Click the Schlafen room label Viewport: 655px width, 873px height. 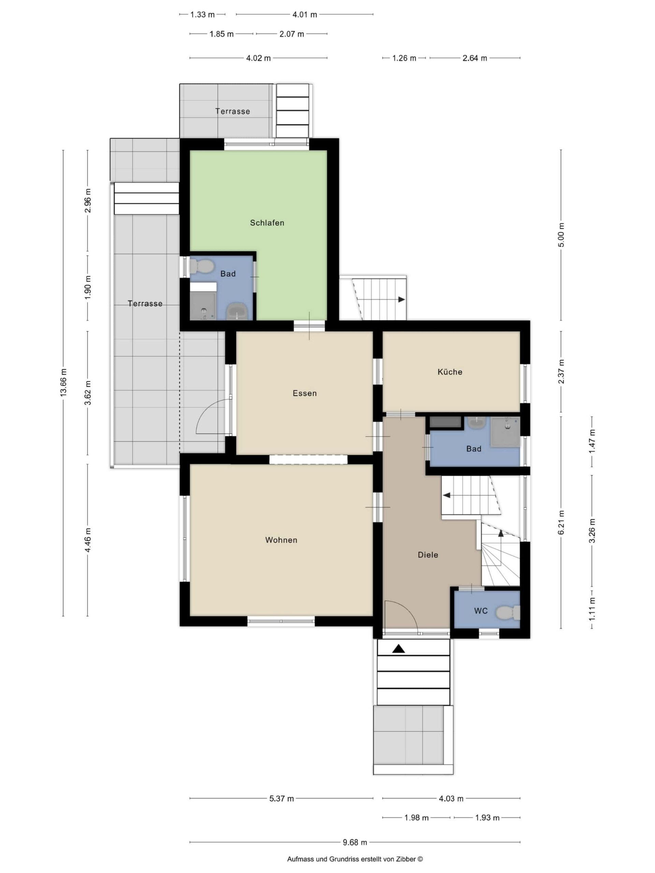[x=267, y=223]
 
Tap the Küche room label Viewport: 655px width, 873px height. [x=450, y=372]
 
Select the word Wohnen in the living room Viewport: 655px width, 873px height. [x=281, y=540]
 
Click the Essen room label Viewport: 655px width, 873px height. [x=304, y=393]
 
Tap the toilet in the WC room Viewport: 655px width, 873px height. [x=508, y=613]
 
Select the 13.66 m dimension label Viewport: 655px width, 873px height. [x=63, y=382]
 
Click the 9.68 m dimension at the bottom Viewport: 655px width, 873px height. [x=354, y=842]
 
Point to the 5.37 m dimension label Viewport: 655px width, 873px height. [x=281, y=798]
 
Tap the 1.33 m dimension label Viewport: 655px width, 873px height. [x=202, y=15]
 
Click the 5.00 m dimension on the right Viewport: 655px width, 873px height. [x=562, y=235]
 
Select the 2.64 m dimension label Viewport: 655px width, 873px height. [x=475, y=58]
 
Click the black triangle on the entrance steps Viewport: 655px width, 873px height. [x=398, y=648]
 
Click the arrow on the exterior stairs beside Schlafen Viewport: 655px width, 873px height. [x=401, y=299]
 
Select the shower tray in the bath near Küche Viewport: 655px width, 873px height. [x=505, y=432]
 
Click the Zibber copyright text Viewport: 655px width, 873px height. [x=354, y=859]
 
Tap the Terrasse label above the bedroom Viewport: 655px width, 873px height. [x=233, y=111]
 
